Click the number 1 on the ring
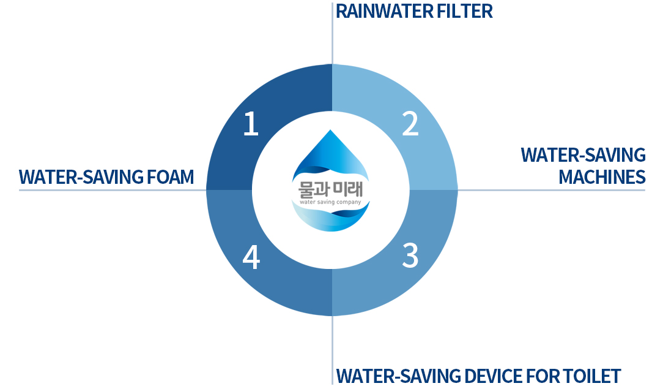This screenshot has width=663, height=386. coord(251,124)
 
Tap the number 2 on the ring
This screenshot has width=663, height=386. coord(410,124)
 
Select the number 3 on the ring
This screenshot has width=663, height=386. coord(410,255)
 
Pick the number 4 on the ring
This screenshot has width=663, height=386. coord(251,257)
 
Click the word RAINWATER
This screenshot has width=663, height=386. coord(384,12)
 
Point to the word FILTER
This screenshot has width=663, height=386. coord(464,12)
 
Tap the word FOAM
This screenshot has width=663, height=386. coord(170,177)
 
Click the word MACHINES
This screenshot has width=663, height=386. coord(602,177)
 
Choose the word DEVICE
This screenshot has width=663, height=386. coord(492,376)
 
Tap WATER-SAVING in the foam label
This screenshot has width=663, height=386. coord(80,177)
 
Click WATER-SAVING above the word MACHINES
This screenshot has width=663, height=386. coord(583,155)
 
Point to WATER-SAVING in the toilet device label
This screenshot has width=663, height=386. coord(398,376)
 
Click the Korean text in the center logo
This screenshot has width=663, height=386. coord(331,189)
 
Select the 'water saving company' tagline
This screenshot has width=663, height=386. coord(331,202)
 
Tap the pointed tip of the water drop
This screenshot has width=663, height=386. coord(330,130)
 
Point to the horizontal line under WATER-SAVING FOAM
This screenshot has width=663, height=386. coord(113,190)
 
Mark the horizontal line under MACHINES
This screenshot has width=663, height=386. coord(551,190)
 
